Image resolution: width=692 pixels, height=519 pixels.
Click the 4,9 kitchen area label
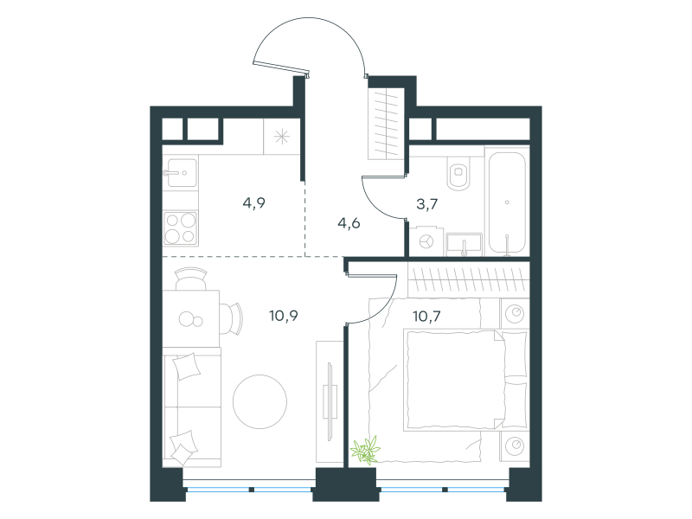253,203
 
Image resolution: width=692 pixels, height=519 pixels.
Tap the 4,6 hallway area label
349,223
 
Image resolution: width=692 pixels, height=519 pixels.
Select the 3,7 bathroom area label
426,204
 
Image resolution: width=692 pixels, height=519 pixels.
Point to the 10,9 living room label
284,316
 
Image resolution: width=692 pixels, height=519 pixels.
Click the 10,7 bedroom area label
426,316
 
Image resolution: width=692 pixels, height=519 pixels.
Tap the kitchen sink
182,172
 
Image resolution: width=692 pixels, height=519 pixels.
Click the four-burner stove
181,228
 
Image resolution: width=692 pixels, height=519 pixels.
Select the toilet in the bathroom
459,174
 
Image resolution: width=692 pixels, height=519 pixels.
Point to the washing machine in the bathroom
426,242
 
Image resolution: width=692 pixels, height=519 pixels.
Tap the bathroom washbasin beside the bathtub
464,245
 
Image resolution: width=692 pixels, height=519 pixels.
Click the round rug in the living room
260,401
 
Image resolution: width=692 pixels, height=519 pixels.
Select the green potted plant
365,450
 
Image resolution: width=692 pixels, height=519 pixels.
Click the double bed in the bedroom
465,380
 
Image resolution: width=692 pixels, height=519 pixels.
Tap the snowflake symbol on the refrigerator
282,137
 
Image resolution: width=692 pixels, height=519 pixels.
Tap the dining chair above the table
191,279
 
